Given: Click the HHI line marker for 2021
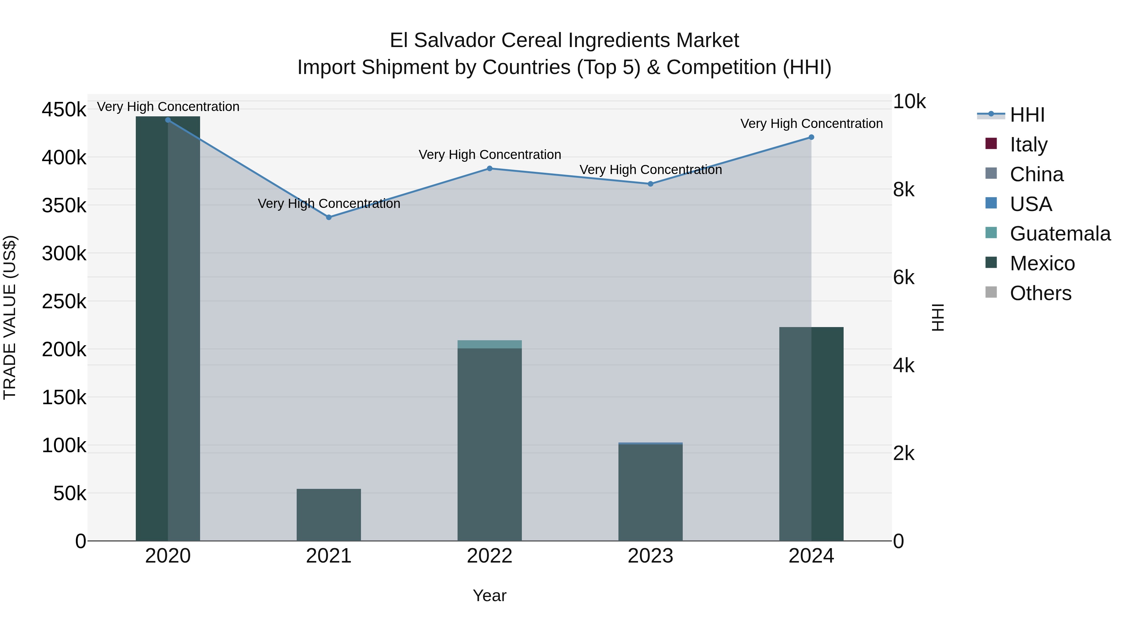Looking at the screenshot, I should (x=329, y=217).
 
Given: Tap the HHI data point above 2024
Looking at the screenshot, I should (x=811, y=137).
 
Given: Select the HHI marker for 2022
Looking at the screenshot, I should (x=490, y=168).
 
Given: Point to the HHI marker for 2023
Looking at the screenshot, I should (x=650, y=184).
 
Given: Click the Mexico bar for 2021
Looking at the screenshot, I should (x=329, y=515).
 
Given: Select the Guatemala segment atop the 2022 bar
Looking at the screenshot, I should (x=490, y=344).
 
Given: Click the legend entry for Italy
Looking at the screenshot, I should (x=1028, y=145).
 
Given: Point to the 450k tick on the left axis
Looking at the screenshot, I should (x=64, y=109).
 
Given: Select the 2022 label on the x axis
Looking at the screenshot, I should (x=490, y=556).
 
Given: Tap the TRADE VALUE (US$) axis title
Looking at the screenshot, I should (x=10, y=317).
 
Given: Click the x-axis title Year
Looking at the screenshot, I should (x=490, y=595).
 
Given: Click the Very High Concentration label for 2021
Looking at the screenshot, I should (x=329, y=204).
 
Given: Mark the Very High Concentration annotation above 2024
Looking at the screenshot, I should (x=811, y=124).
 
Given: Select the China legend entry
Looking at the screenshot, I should (x=1036, y=174).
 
